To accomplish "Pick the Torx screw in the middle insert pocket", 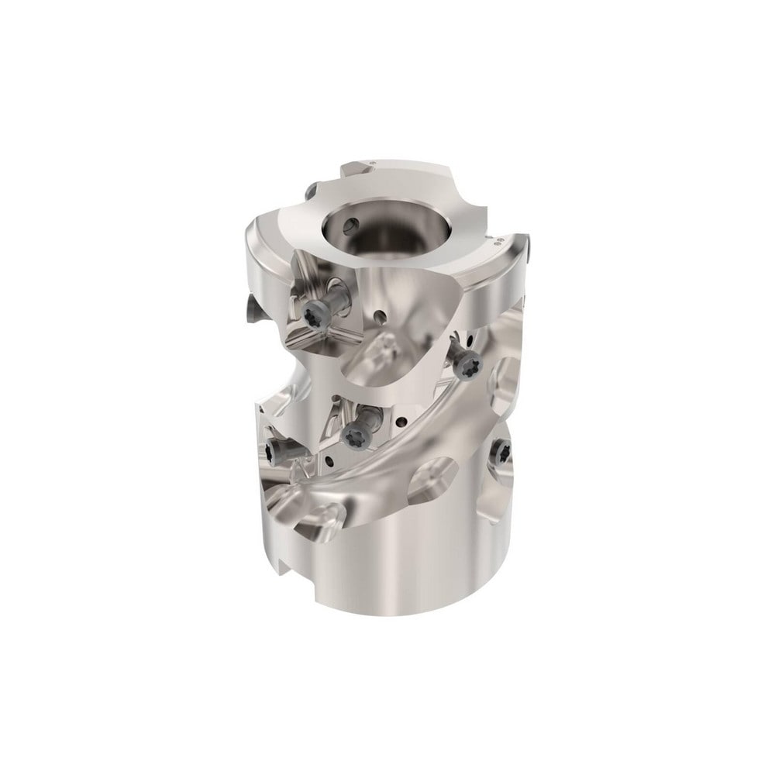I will pyautogui.click(x=358, y=433).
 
